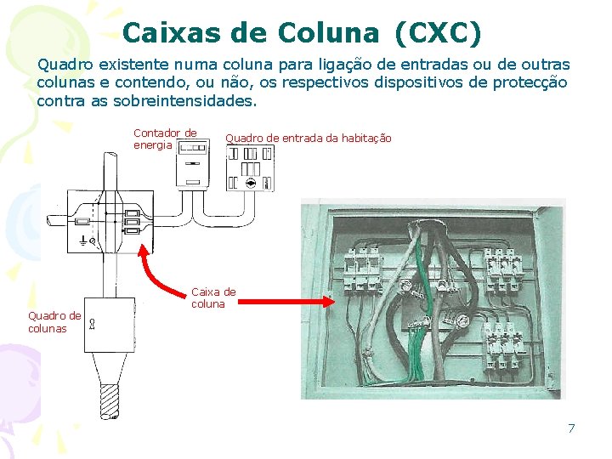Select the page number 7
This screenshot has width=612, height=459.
point(571,428)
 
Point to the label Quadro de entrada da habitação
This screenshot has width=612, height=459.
point(308,139)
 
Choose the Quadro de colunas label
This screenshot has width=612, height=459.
point(54,322)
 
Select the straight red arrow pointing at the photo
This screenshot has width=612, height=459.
point(288,299)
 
